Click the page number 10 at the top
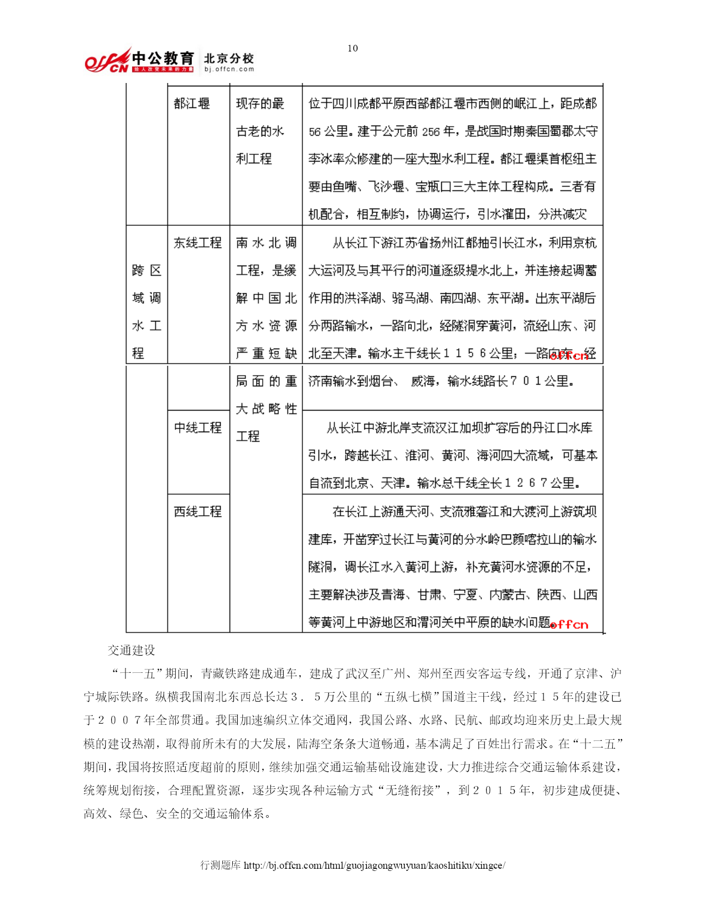(x=352, y=48)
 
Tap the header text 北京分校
(x=229, y=58)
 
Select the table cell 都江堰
(x=191, y=103)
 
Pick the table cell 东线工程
(x=197, y=243)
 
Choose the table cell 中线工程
(x=197, y=428)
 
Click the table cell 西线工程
(x=197, y=511)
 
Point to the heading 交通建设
(x=132, y=650)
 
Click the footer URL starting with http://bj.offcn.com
(x=374, y=865)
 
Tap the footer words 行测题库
(x=220, y=865)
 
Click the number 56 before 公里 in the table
(x=315, y=132)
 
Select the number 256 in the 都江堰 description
(x=431, y=132)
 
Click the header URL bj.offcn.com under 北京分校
(x=229, y=69)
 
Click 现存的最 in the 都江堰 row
(x=260, y=103)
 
